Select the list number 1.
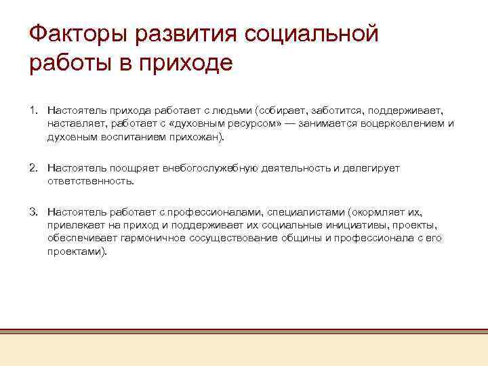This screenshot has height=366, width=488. click(33, 110)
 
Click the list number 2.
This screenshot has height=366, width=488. click(33, 168)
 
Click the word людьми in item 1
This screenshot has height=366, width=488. click(232, 110)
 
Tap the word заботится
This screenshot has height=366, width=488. click(337, 110)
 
